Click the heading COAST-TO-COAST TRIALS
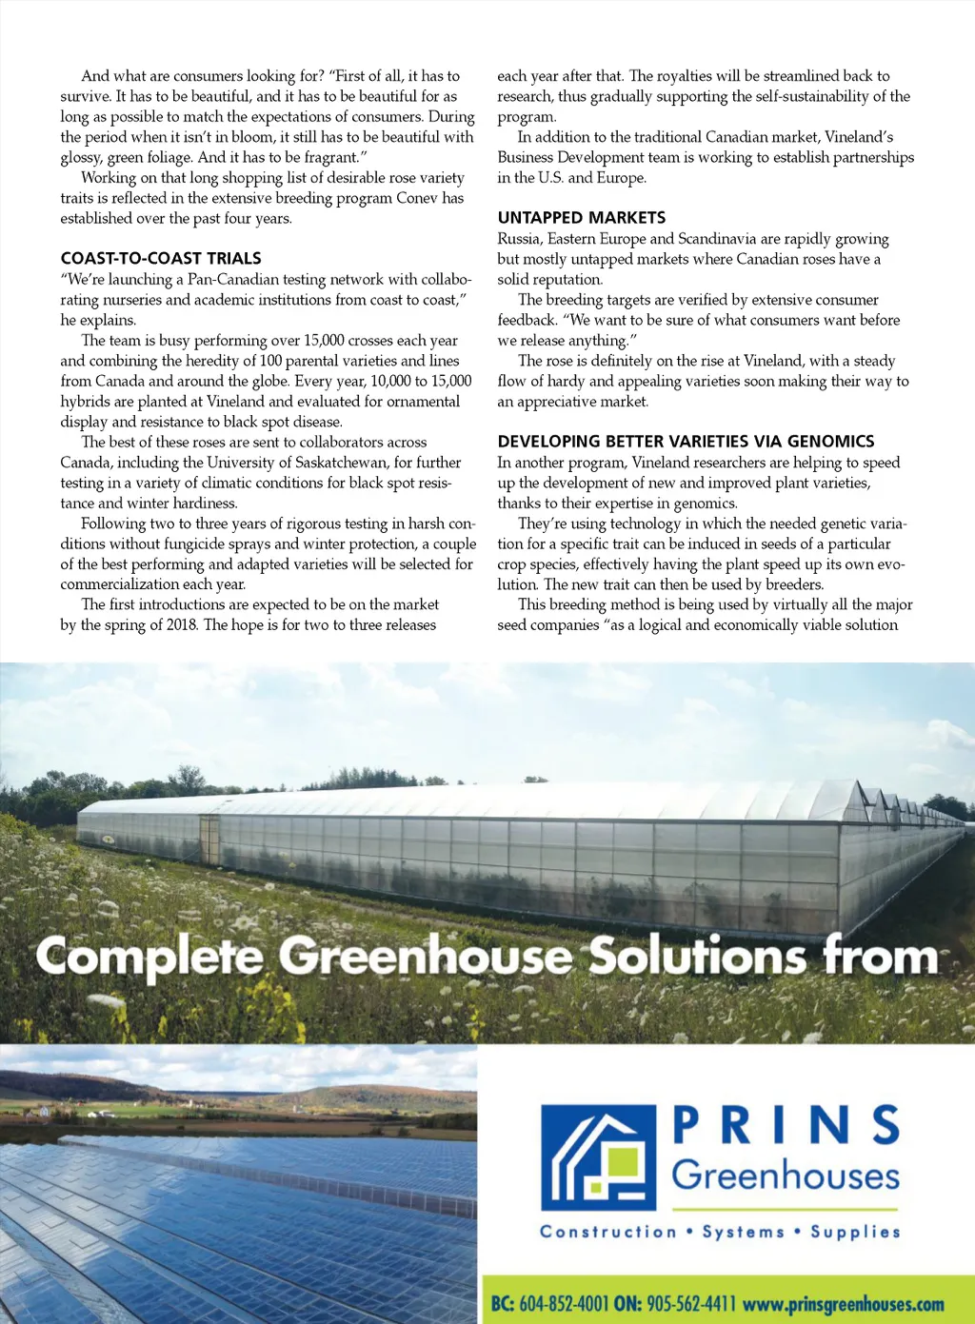coord(161,259)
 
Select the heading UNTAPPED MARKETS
coord(581,218)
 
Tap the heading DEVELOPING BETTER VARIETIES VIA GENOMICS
coord(686,442)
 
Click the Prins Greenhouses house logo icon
coord(598,1156)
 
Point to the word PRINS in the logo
coord(786,1125)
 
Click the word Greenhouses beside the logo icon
coord(786,1176)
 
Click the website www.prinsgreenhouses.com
coord(843,1304)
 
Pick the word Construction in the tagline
coord(607,1232)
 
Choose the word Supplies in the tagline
coord(855,1232)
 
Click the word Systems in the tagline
coord(744,1232)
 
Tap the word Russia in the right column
coord(518,239)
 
